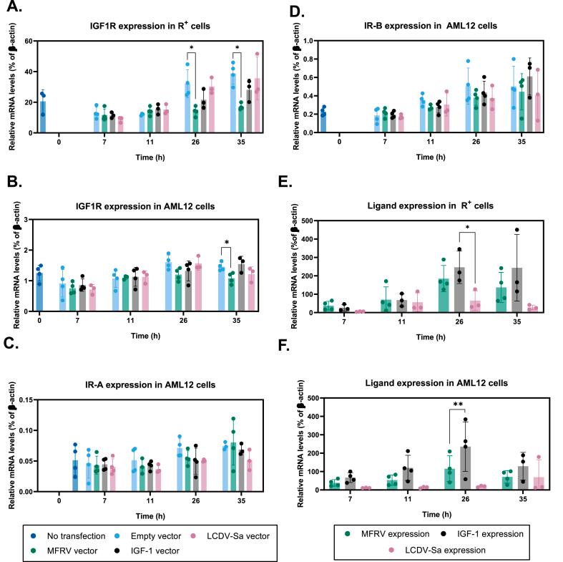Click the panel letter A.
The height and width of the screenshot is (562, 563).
(15, 9)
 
